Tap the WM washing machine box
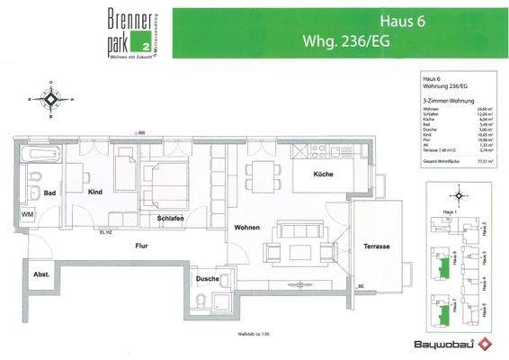[x=28, y=214]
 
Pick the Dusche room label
[x=206, y=279]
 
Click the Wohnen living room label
[x=247, y=229]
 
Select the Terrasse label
[x=377, y=246]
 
